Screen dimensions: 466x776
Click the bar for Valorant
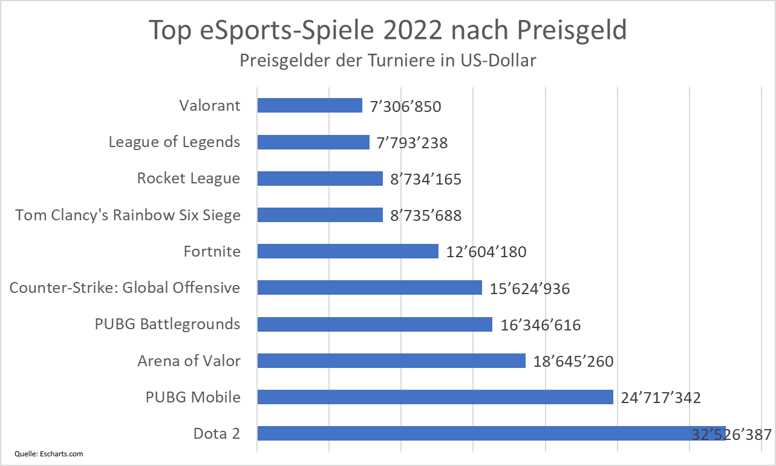[x=310, y=106]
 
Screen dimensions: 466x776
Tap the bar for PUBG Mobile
[x=435, y=397]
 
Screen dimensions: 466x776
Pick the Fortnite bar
[x=348, y=251]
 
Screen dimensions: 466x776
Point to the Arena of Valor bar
[x=391, y=361]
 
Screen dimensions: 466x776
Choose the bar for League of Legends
[x=313, y=142]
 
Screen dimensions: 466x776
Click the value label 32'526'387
[x=732, y=435]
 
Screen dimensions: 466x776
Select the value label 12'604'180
[x=486, y=252]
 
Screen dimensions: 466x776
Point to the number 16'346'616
[x=541, y=325]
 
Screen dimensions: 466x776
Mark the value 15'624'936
[x=530, y=289]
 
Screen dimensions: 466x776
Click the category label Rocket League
[x=189, y=179]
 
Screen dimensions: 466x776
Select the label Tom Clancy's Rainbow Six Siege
[x=128, y=215]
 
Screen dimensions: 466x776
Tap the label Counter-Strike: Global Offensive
[x=125, y=287]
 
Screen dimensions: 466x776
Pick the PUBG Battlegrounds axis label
[x=168, y=324]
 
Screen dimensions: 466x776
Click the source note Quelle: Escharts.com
[x=49, y=453]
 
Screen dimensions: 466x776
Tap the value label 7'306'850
[x=406, y=107]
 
